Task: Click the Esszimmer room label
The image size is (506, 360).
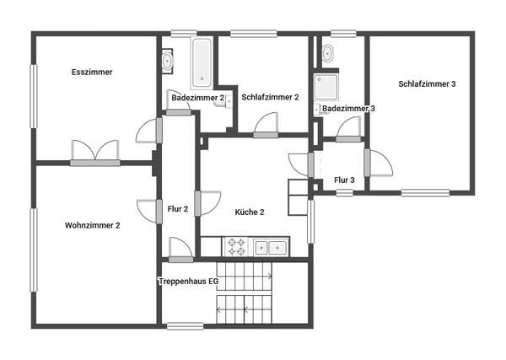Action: (x=92, y=72)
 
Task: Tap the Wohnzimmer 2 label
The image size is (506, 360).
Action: (x=92, y=225)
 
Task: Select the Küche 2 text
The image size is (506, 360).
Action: (x=250, y=212)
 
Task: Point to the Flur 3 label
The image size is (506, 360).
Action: (x=344, y=180)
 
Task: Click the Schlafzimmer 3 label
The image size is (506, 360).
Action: (x=427, y=83)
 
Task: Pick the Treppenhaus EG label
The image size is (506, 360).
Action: (x=189, y=282)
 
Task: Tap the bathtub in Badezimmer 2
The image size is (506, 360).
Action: (x=202, y=63)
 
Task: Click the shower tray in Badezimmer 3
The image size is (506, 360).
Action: (x=326, y=87)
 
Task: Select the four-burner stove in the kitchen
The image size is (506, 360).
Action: (x=236, y=247)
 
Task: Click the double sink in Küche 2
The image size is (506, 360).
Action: (x=271, y=247)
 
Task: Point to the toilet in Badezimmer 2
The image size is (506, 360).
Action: (x=167, y=61)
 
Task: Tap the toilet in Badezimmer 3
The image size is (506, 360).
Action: (x=328, y=52)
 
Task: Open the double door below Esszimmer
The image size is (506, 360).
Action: (x=95, y=153)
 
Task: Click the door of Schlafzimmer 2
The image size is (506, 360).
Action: (x=266, y=126)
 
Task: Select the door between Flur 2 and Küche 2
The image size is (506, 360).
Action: (x=207, y=203)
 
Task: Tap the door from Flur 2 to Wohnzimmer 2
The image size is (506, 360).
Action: (x=149, y=212)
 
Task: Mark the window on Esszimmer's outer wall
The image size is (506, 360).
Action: (x=34, y=96)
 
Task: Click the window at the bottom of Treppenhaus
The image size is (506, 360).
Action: (x=186, y=326)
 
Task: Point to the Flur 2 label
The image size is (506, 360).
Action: (x=178, y=209)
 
